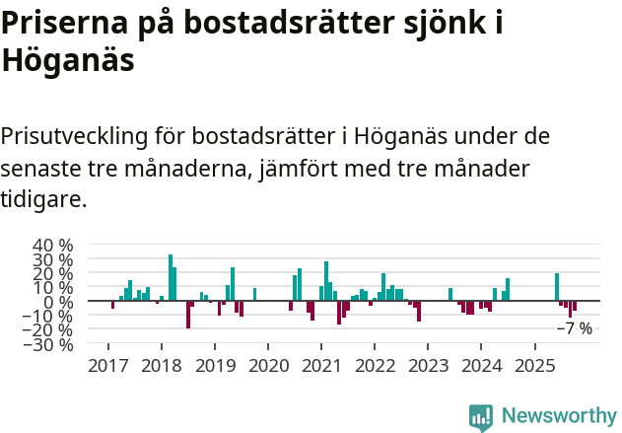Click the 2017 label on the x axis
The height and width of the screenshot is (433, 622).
(106, 366)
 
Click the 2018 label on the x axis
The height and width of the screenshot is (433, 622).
(160, 366)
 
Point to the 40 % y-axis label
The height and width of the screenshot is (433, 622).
(53, 246)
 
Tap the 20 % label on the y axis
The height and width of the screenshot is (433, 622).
(53, 273)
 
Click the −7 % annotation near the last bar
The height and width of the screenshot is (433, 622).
(575, 328)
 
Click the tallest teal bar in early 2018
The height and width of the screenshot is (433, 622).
(170, 277)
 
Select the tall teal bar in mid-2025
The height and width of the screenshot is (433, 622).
(557, 286)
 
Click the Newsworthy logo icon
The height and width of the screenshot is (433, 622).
(481, 417)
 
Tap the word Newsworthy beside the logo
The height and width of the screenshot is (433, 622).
(559, 416)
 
